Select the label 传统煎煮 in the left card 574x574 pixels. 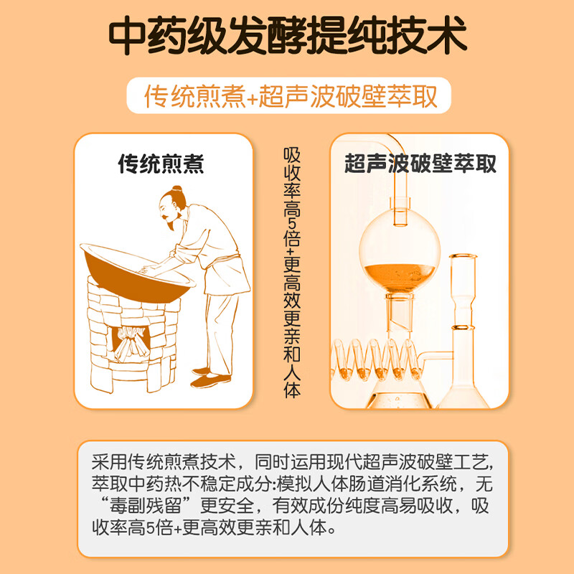coord(161,164)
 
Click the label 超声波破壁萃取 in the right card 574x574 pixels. coord(420,164)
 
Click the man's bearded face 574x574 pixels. coord(169,211)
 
